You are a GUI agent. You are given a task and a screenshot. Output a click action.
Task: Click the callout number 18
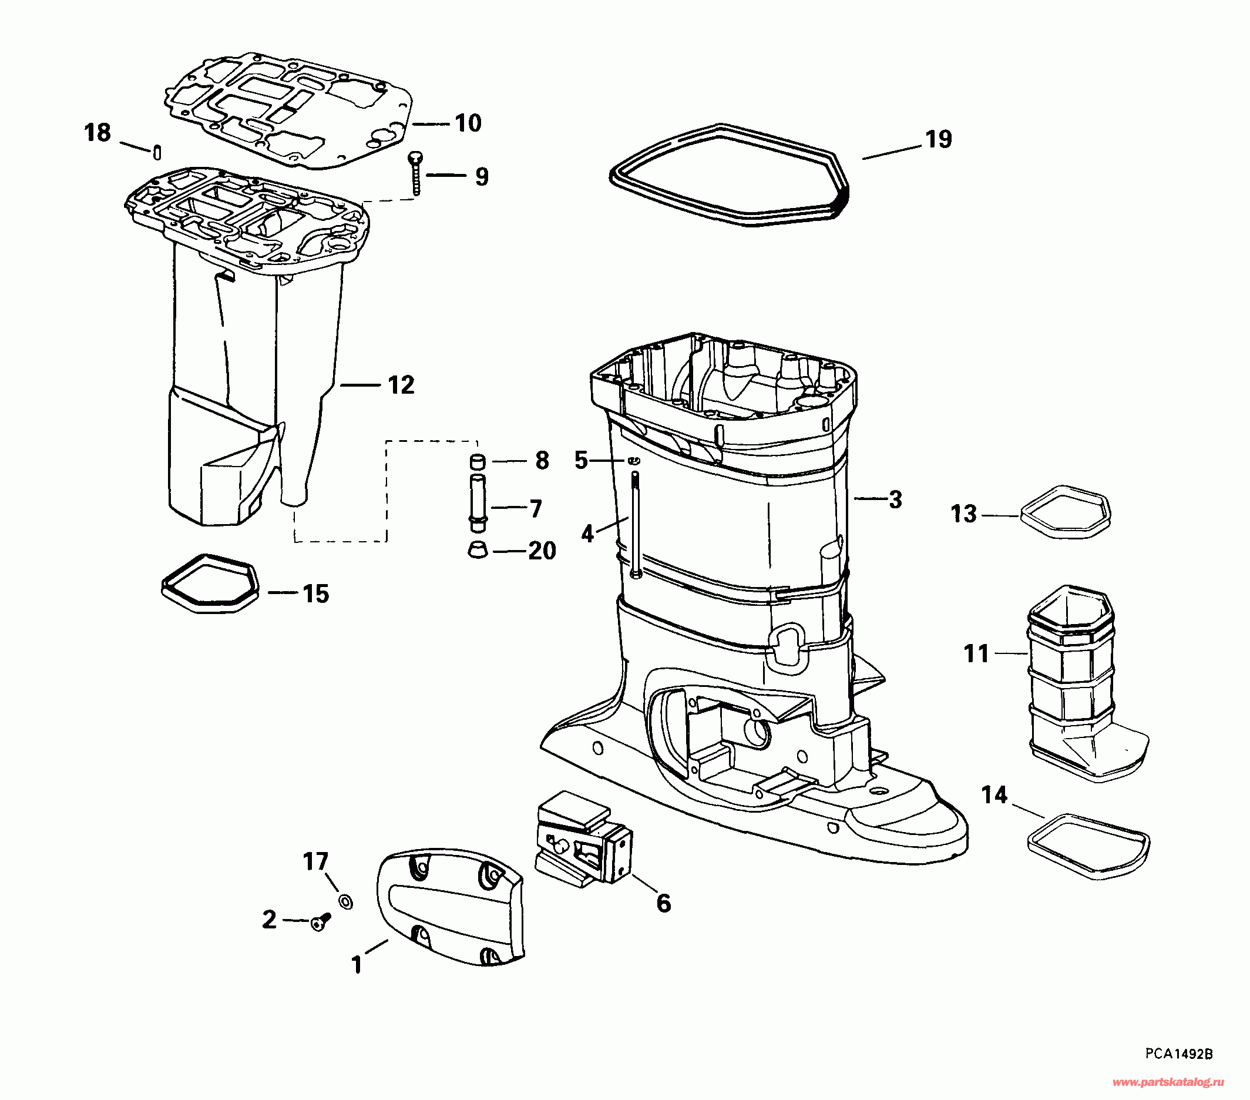pyautogui.click(x=98, y=133)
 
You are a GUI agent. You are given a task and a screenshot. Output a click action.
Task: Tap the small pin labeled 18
pyautogui.click(x=157, y=152)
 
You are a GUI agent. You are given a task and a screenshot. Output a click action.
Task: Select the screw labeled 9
pyautogui.click(x=416, y=174)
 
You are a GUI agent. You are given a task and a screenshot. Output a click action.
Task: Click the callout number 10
pyautogui.click(x=468, y=123)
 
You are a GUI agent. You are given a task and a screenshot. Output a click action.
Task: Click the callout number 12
pyautogui.click(x=401, y=385)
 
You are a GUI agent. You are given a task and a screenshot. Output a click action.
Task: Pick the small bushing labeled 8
pyautogui.click(x=477, y=461)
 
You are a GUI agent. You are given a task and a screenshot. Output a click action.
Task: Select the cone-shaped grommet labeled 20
pyautogui.click(x=478, y=549)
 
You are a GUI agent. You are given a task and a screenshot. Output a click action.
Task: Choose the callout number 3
pyautogui.click(x=895, y=499)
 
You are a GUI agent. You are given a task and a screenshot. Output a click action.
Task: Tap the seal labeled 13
pyautogui.click(x=1066, y=511)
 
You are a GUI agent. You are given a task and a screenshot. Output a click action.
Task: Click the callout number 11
pyautogui.click(x=976, y=653)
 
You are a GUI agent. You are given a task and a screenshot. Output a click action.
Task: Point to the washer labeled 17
pyautogui.click(x=345, y=901)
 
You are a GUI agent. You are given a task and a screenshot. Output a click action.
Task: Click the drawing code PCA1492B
pyautogui.click(x=1179, y=1054)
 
